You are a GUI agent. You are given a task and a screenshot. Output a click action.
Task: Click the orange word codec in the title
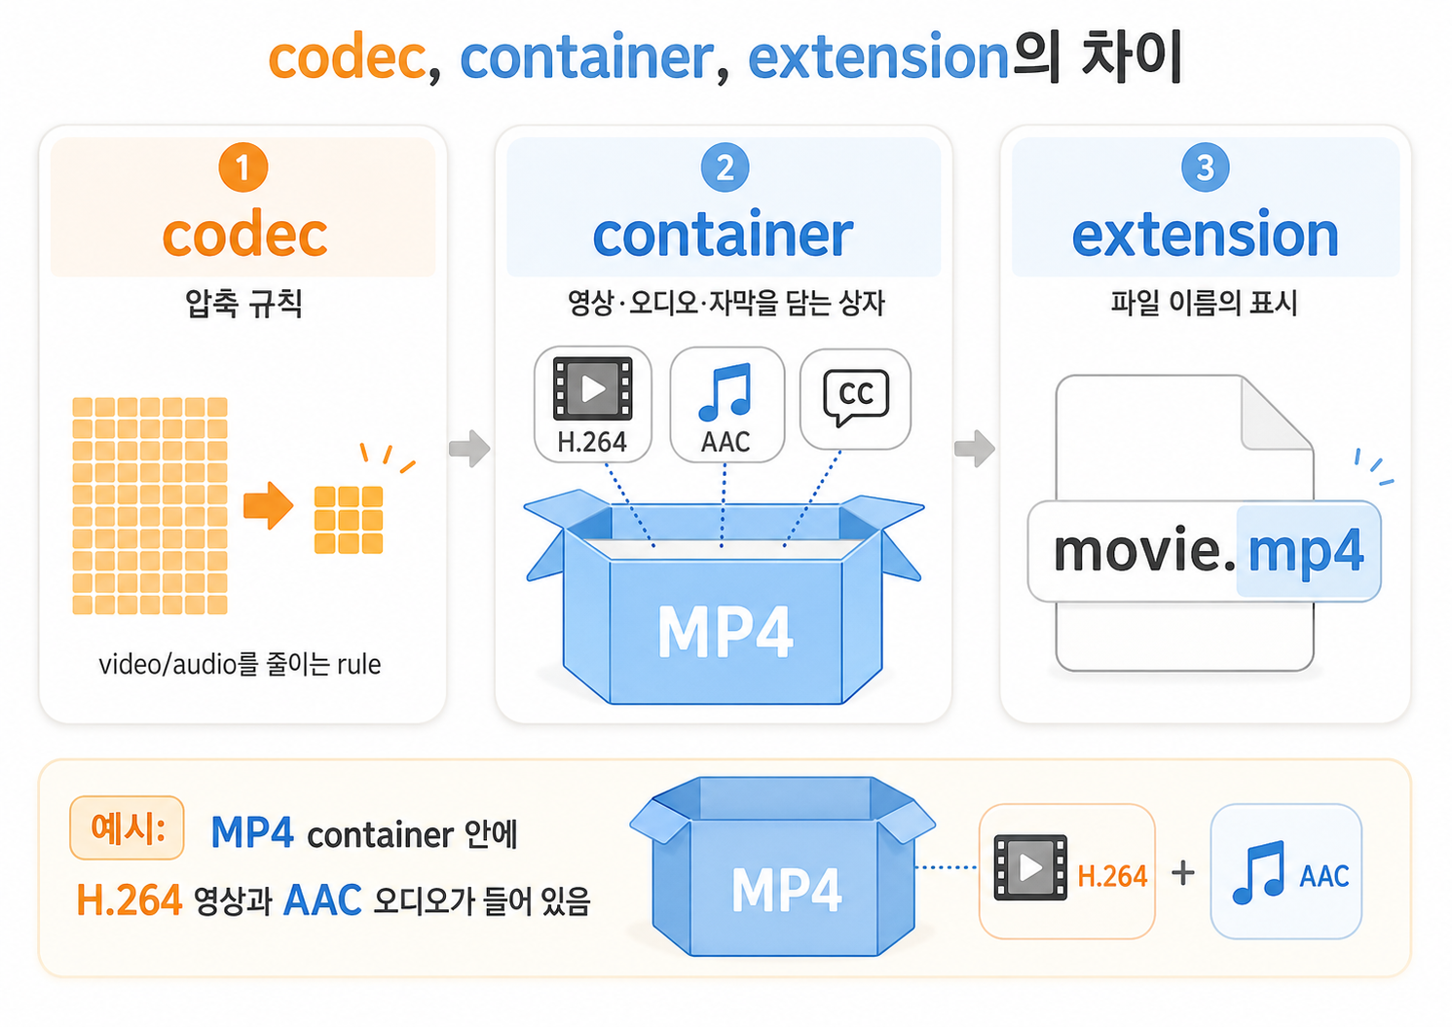[347, 57]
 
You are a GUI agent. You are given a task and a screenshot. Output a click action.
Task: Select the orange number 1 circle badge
[243, 167]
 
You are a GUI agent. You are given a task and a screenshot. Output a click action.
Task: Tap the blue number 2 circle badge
[725, 167]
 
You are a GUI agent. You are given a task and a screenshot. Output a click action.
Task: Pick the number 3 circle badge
[1205, 167]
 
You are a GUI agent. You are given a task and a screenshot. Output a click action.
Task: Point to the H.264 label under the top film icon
[592, 442]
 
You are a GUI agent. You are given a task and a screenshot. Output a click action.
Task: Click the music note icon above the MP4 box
[725, 392]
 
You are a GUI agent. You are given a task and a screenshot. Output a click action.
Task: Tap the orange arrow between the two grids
[268, 505]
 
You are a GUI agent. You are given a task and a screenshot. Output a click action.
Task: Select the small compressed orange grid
[348, 520]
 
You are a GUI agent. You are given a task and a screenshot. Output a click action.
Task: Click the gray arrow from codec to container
[469, 448]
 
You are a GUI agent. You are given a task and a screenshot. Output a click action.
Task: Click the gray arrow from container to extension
[974, 448]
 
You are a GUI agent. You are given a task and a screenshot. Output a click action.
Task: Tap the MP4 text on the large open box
[725, 632]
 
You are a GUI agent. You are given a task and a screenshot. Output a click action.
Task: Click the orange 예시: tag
[127, 827]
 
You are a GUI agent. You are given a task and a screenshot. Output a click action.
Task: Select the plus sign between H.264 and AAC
[1183, 873]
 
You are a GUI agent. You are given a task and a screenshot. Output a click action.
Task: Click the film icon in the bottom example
[1030, 867]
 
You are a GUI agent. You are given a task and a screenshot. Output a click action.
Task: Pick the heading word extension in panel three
[1205, 235]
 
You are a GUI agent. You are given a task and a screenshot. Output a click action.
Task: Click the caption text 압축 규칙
[243, 304]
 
